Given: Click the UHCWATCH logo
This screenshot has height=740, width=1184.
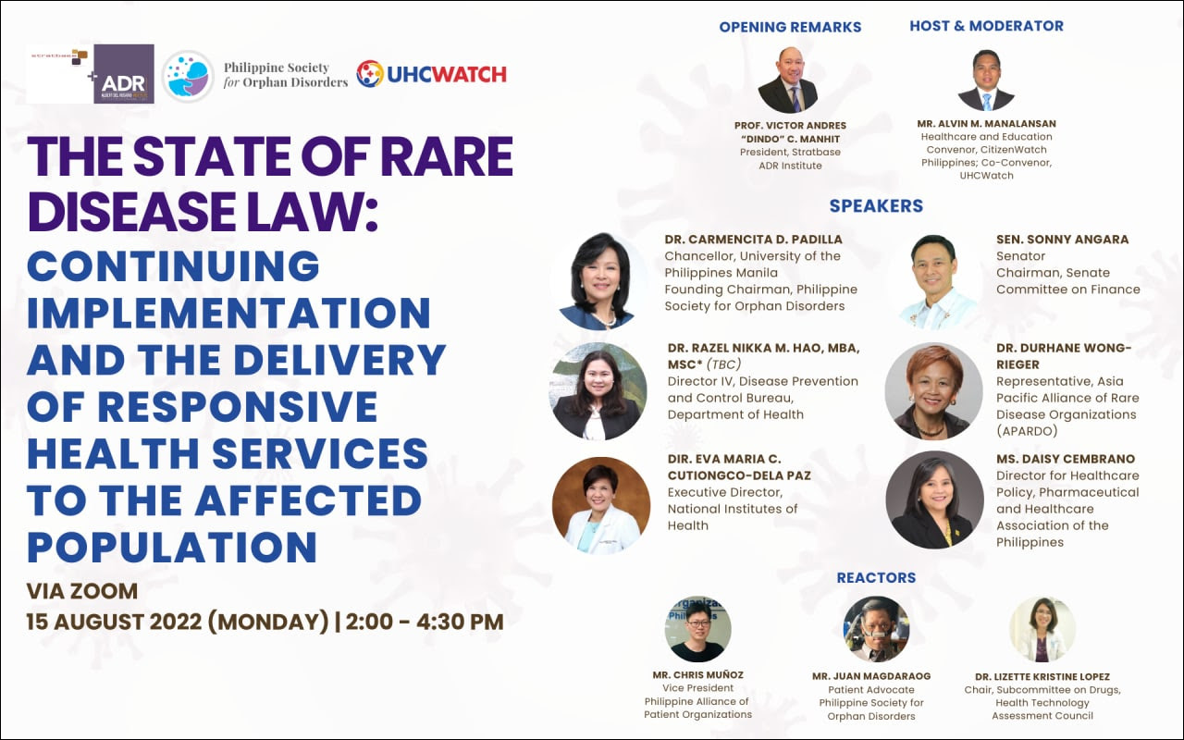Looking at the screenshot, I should point(431,74).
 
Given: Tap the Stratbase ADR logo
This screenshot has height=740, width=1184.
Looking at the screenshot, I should point(91,73).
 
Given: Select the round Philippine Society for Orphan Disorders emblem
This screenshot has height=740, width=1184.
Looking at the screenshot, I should point(188,76).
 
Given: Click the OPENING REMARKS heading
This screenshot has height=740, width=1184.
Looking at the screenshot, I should point(790,27).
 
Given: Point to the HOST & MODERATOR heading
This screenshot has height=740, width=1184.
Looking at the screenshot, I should point(986,26).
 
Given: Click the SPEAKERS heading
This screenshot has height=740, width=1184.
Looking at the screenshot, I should point(876,205).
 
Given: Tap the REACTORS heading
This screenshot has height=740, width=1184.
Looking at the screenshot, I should point(876,577).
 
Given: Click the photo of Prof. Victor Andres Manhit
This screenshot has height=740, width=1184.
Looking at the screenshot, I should point(788,80).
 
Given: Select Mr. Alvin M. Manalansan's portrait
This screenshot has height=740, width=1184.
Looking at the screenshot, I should point(986,80).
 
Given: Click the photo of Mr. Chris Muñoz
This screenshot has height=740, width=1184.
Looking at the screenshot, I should point(698,629).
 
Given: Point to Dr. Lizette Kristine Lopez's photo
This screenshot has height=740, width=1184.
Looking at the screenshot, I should point(1042,629).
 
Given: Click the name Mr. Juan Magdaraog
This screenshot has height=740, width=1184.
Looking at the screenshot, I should point(870,676).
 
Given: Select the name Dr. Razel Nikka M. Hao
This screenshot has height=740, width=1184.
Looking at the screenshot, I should point(764,348).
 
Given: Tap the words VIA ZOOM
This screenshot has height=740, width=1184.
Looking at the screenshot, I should point(82,591).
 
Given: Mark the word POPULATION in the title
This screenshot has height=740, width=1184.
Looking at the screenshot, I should point(172,546).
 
